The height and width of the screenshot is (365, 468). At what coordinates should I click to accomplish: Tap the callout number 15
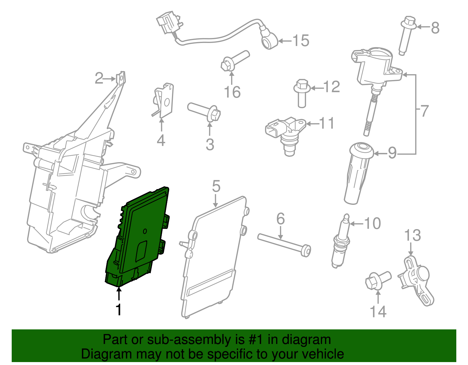point(301,40)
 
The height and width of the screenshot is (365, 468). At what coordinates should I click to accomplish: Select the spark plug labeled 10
point(341,243)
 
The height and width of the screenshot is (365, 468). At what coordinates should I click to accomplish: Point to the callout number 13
point(413,235)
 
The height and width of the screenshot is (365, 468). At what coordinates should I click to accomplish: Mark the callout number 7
point(424,111)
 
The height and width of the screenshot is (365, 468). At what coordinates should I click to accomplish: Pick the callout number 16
point(232,92)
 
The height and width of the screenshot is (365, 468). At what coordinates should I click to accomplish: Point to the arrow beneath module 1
point(119,294)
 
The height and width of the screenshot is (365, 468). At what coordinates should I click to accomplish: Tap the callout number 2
point(99,78)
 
